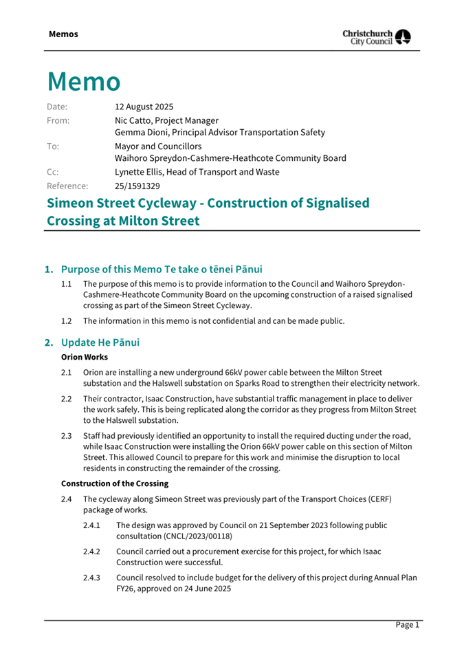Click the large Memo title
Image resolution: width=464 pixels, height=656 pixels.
(84, 82)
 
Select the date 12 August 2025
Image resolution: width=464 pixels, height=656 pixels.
(144, 107)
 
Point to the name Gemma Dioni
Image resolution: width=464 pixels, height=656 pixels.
(141, 132)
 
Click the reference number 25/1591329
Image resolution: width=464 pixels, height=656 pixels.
(137, 186)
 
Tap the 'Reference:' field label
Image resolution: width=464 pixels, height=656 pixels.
(67, 186)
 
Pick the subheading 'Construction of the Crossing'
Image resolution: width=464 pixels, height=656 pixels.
(115, 483)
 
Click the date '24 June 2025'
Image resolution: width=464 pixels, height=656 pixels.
(210, 589)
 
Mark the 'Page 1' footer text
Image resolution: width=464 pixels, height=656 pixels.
(407, 625)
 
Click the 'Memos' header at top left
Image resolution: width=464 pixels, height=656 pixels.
(63, 34)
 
